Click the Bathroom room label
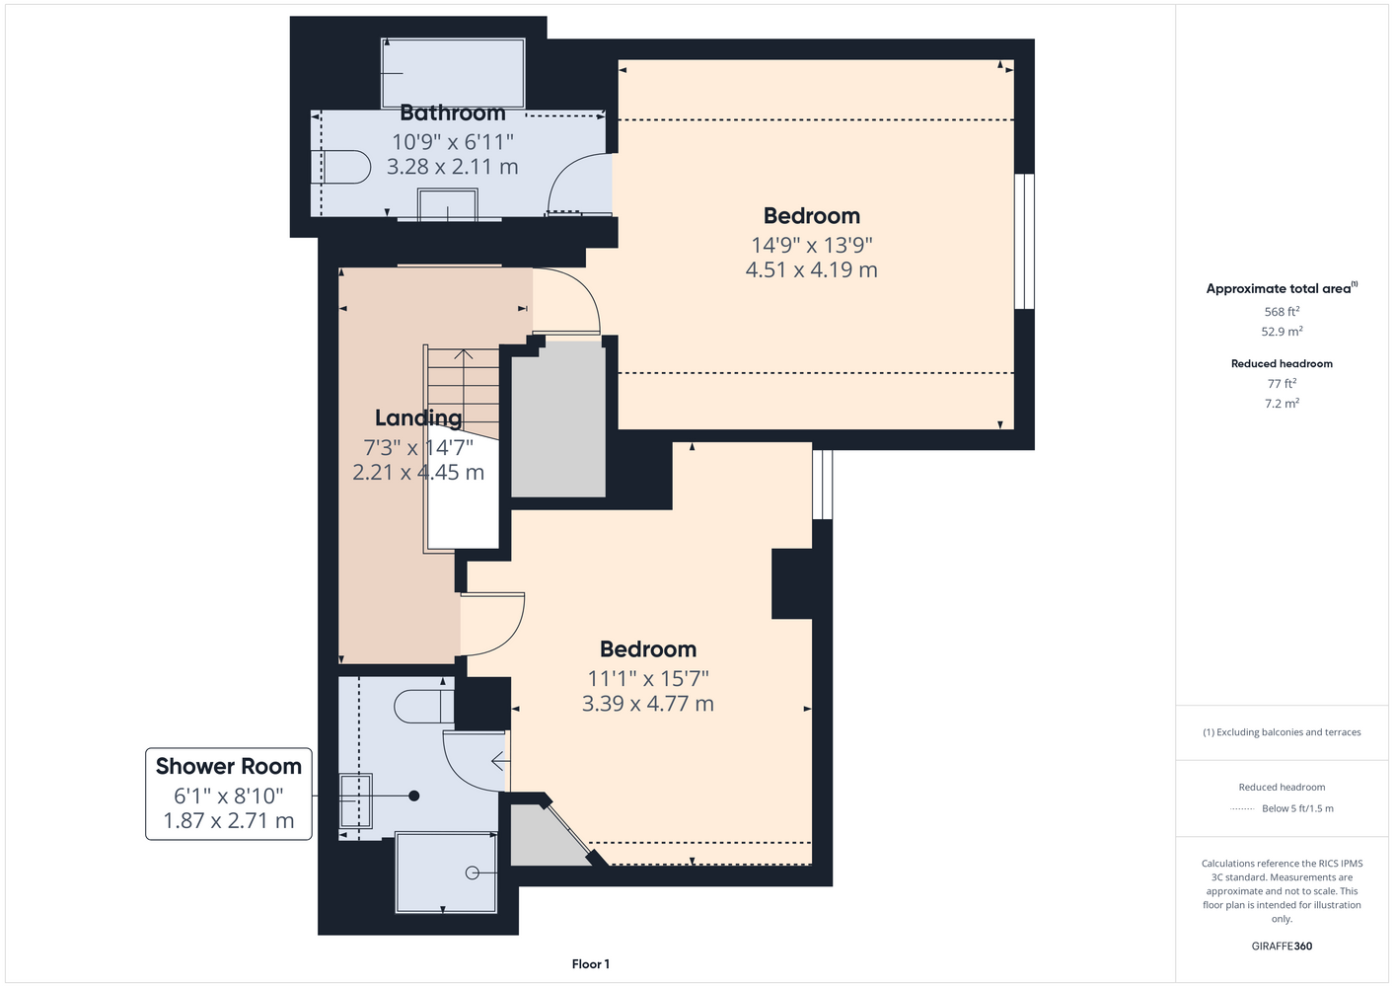(x=453, y=113)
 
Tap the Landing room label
(x=418, y=418)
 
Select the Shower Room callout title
(x=229, y=766)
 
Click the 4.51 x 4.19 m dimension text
(x=812, y=269)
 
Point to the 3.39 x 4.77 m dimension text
(x=648, y=703)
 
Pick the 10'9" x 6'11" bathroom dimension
(x=453, y=142)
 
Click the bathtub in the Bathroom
(x=453, y=73)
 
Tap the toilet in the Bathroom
(x=341, y=166)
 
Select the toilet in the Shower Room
(x=424, y=706)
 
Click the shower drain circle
(x=472, y=873)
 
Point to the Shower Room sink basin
(x=355, y=800)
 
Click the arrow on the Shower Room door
(x=500, y=760)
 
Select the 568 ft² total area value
(x=1282, y=311)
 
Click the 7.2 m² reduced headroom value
(x=1282, y=403)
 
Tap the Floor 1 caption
(x=591, y=964)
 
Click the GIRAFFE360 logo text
(x=1282, y=946)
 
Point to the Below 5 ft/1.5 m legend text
(x=1297, y=808)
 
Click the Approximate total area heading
(x=1279, y=288)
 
